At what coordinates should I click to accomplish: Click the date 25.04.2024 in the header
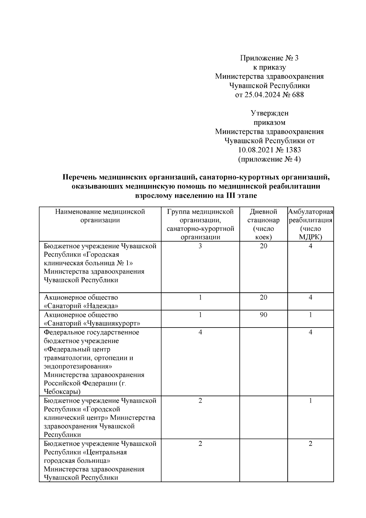(x=261, y=95)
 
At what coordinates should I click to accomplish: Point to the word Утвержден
(x=269, y=113)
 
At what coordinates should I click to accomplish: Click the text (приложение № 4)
(x=269, y=159)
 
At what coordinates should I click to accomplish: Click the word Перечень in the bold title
(x=80, y=177)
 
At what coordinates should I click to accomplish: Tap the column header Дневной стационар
(x=263, y=216)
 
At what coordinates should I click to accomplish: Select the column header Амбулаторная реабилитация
(x=310, y=216)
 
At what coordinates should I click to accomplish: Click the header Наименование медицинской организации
(x=100, y=216)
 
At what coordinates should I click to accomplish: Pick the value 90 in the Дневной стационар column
(x=263, y=315)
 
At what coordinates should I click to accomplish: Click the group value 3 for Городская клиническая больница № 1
(x=200, y=246)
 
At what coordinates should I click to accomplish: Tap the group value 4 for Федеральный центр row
(x=200, y=332)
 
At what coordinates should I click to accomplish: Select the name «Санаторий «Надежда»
(x=81, y=306)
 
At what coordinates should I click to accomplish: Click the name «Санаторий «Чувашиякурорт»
(x=92, y=323)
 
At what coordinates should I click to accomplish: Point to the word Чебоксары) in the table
(x=62, y=392)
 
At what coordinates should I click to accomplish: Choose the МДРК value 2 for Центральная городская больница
(x=310, y=444)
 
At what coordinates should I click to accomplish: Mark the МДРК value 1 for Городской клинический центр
(x=310, y=400)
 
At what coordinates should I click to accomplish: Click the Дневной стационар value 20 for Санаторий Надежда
(x=263, y=297)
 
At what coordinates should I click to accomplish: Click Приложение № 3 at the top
(x=269, y=58)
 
